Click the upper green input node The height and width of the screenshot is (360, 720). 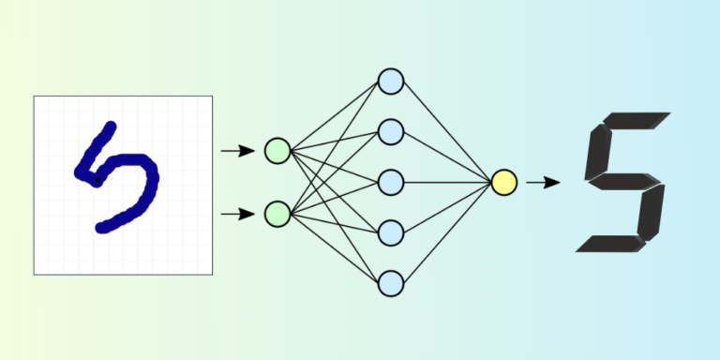click(x=277, y=150)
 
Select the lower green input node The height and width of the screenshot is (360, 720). click(x=277, y=214)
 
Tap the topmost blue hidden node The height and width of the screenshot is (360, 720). click(x=390, y=82)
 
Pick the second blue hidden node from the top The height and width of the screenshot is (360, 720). click(x=390, y=131)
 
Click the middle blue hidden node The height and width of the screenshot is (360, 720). click(x=390, y=181)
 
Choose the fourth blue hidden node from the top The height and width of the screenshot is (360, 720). click(x=390, y=232)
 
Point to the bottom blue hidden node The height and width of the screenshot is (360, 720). click(x=390, y=281)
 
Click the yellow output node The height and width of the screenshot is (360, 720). click(x=504, y=182)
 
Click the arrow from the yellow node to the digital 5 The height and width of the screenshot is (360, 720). click(x=543, y=182)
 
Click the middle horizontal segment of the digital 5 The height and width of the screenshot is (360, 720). click(x=623, y=181)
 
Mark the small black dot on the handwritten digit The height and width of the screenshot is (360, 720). click(x=96, y=178)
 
